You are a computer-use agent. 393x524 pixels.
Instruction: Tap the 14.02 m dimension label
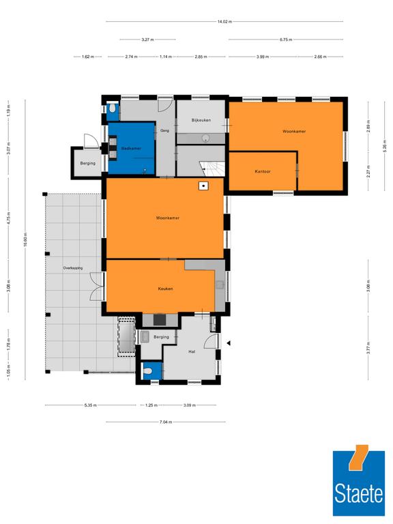(224, 22)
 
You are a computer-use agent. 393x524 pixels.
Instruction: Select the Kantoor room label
(263, 171)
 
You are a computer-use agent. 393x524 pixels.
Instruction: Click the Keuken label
(165, 289)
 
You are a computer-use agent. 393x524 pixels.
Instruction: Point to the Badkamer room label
(131, 148)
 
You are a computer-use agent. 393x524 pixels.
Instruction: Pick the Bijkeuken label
(201, 120)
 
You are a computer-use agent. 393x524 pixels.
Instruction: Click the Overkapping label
(73, 268)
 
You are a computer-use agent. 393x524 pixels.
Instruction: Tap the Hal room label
(192, 351)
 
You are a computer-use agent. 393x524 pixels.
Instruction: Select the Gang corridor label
(164, 131)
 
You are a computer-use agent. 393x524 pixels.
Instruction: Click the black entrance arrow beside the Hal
(229, 343)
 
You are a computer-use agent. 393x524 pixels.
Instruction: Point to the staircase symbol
(212, 169)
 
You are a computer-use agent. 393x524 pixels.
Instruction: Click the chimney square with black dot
(203, 186)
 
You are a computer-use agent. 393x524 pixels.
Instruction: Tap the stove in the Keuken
(160, 320)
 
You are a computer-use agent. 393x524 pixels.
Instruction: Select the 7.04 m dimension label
(166, 422)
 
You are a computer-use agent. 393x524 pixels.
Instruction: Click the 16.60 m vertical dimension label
(26, 239)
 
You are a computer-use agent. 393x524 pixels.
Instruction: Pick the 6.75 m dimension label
(286, 40)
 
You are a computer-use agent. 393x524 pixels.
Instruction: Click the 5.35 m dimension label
(91, 405)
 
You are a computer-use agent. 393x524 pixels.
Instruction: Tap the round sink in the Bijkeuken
(206, 138)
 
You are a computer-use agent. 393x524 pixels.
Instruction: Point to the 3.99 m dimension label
(263, 57)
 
